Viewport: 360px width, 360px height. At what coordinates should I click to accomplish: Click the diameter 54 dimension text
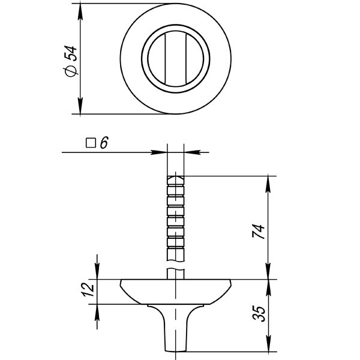71,59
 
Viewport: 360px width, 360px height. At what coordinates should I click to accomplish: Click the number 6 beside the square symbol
104,143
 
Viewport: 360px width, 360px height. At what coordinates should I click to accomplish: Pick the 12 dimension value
88,290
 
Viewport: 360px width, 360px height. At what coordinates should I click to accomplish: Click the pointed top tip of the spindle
175,175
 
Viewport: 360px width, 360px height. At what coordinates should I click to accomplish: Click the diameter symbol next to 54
71,71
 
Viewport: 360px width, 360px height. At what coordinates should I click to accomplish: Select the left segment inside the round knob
155,59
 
